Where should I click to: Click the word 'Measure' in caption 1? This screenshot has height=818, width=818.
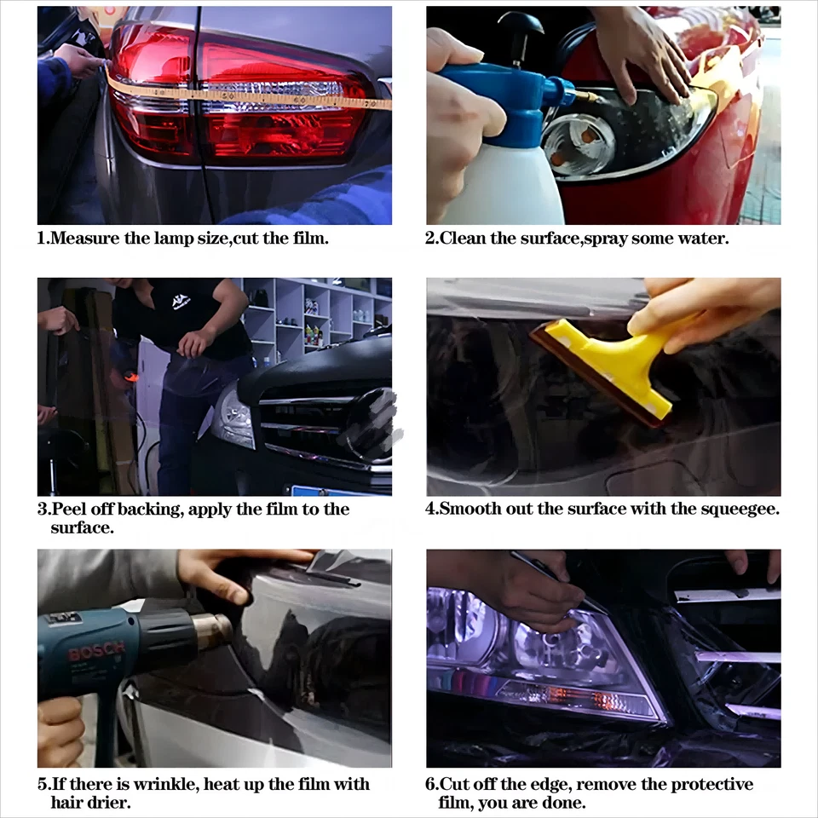tap(84, 239)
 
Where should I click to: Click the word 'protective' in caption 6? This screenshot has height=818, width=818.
tap(712, 784)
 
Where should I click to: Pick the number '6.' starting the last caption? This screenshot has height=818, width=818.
tap(432, 784)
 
